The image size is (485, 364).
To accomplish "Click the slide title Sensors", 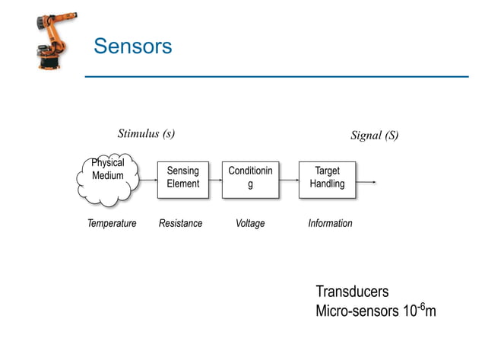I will [x=132, y=46].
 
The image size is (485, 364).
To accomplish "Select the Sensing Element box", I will [x=182, y=180].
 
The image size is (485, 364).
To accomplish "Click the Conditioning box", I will [x=250, y=180].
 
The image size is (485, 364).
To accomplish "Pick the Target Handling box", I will [x=327, y=180].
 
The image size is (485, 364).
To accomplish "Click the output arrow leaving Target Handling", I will [x=366, y=182].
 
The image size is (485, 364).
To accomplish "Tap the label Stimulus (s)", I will [x=146, y=134].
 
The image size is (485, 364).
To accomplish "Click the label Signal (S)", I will [x=374, y=136].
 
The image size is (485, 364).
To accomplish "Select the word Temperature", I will [x=111, y=224].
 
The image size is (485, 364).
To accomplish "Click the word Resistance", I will [x=180, y=224].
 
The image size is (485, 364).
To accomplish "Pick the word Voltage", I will [x=250, y=224].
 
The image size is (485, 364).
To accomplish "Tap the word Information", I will [x=330, y=224].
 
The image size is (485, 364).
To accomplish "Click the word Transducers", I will [x=351, y=292].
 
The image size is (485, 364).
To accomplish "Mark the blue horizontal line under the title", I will [x=276, y=76].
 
